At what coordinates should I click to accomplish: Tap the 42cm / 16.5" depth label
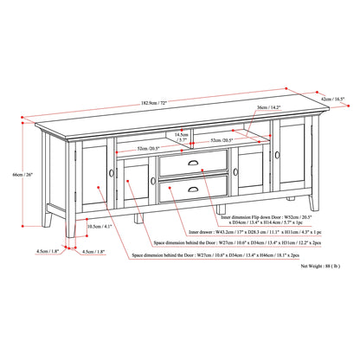pos(337,100)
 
